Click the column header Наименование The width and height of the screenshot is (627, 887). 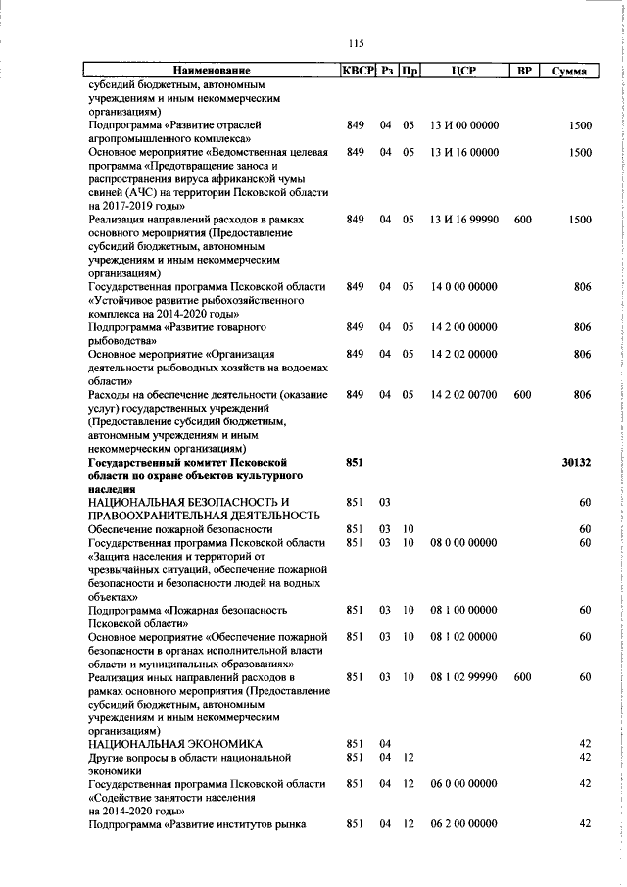tap(211, 71)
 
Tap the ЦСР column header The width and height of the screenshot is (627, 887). tap(463, 71)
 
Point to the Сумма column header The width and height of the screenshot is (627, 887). tap(568, 71)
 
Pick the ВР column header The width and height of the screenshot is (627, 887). tap(523, 71)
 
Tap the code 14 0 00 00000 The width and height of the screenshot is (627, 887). tap(464, 315)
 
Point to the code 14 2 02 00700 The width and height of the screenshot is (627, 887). tap(464, 394)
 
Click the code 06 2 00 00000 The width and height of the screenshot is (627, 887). tap(464, 850)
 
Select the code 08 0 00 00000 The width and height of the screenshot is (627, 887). tap(464, 543)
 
